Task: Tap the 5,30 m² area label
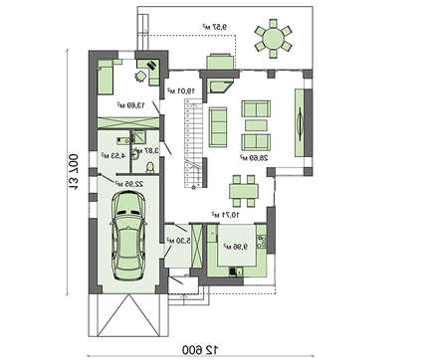pos(182,240)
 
